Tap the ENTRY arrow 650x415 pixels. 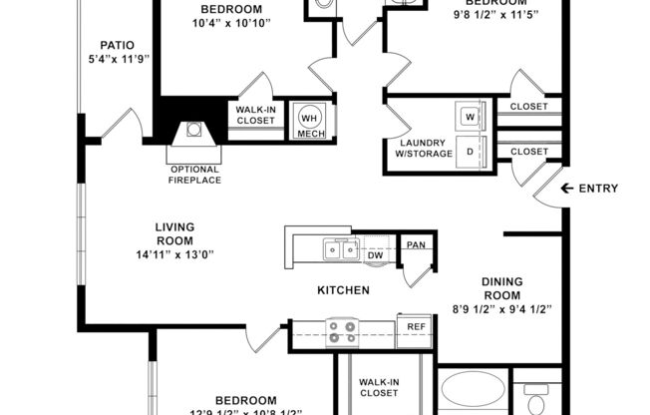[568, 189]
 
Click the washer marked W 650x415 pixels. [470, 116]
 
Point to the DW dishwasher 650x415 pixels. [376, 254]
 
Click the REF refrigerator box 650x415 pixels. [414, 327]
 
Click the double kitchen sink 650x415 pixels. [338, 249]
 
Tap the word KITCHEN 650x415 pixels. [344, 290]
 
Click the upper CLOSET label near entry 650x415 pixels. [528, 107]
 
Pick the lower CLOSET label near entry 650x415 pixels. [528, 152]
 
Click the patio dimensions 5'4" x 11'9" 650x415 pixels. [118, 59]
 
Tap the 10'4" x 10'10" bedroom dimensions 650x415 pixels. [231, 23]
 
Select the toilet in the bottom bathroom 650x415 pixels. [537, 403]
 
